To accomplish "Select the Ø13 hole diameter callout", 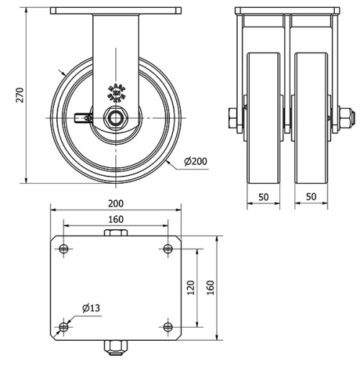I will pos(90,308).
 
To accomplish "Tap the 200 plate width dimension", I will pos(114,203).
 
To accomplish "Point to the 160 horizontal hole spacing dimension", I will pos(114,219).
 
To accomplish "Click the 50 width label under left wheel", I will pos(263,195).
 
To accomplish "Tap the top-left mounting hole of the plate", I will pos(63,249).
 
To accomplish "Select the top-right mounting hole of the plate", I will pos(168,249).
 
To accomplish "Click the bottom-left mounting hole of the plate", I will pos(63,327).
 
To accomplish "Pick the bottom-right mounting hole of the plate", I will pos(168,327).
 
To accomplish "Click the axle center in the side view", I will pos(115,117).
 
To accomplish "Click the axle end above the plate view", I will pos(115,232).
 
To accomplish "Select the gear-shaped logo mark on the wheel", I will pos(115,92).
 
